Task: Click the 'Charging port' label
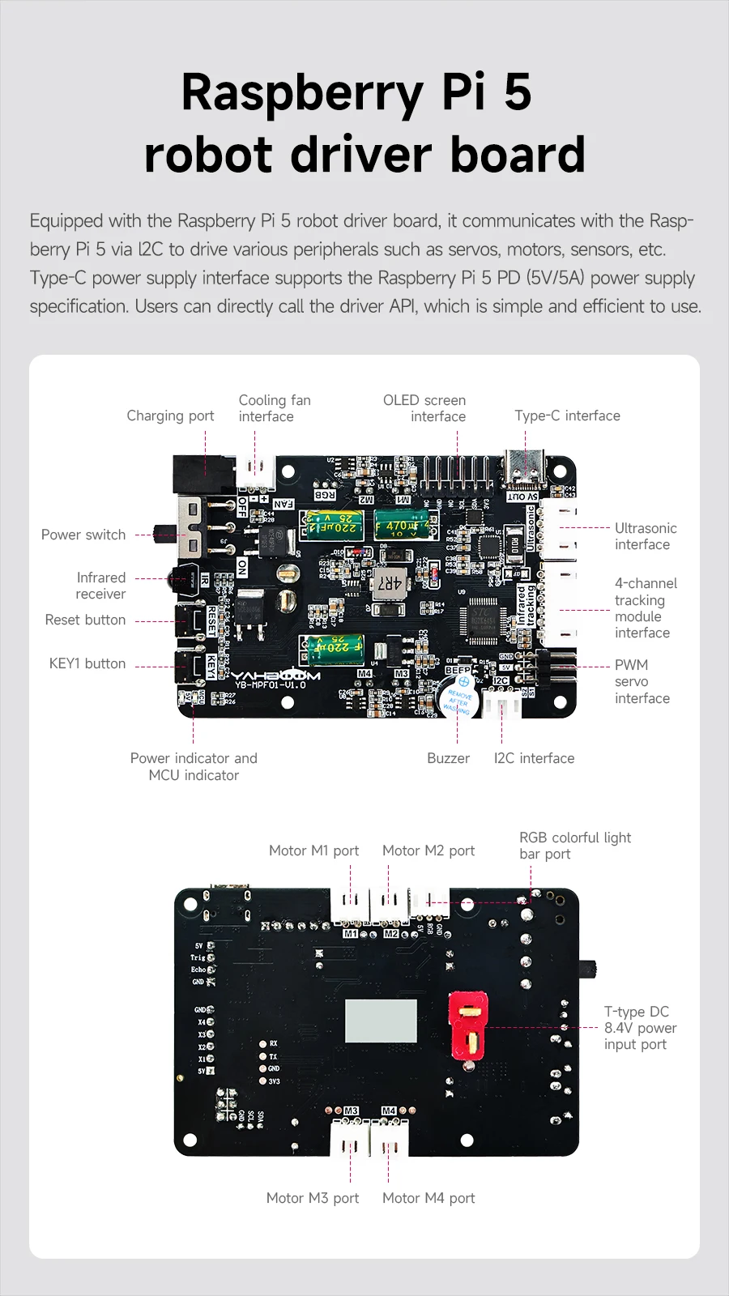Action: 170,416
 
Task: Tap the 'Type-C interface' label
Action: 567,416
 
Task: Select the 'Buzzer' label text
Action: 448,758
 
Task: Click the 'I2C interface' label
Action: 534,758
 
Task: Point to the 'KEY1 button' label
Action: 87,663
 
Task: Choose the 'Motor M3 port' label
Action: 313,1198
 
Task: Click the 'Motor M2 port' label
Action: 428,850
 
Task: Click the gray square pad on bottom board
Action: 381,1021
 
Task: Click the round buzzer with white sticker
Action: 458,699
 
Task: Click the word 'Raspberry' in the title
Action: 302,92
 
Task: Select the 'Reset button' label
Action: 85,620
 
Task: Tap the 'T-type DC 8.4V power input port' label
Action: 640,1028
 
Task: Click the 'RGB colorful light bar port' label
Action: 574,846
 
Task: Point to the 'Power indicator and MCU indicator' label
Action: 194,766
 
